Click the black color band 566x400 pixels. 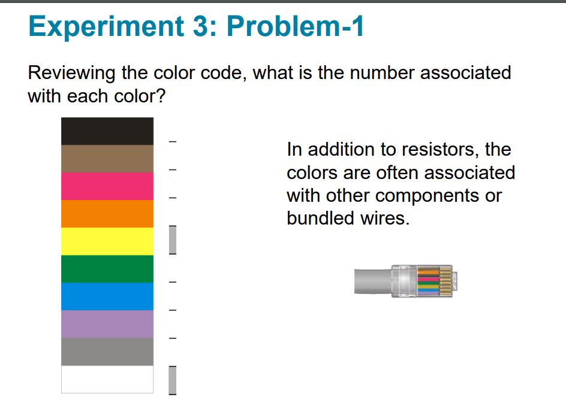point(107,131)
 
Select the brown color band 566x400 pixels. point(107,159)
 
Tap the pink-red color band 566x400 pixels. point(107,186)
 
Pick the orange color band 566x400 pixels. point(107,214)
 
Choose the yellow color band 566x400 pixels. point(107,241)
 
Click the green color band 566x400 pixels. point(107,269)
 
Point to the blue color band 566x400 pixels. point(107,296)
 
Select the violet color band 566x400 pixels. point(107,324)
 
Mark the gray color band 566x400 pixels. point(107,351)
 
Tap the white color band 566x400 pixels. point(107,379)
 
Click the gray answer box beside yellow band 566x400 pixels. point(173,240)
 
